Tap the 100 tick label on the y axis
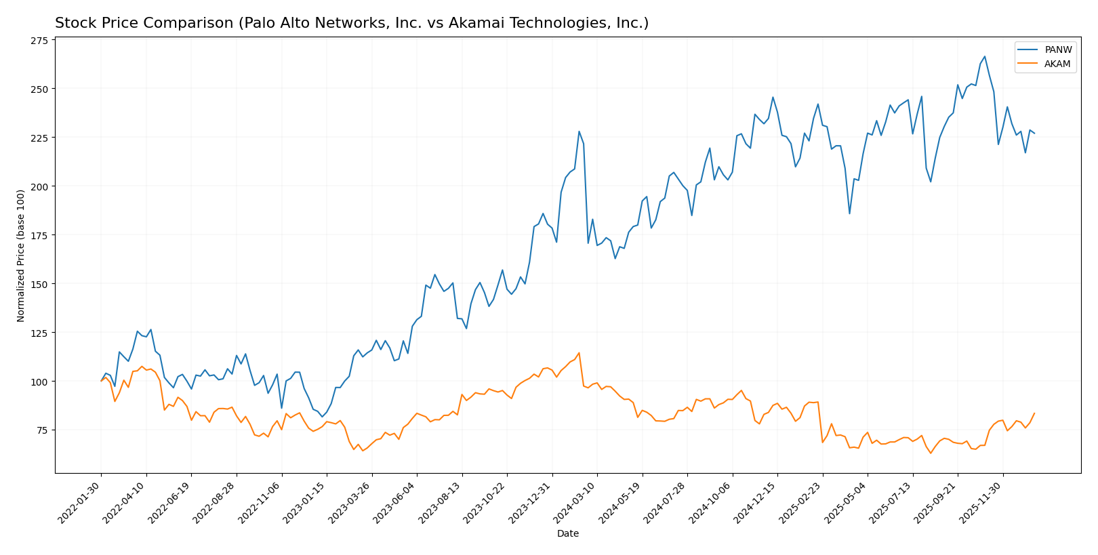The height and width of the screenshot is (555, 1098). coord(39,382)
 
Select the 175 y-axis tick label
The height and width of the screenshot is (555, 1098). coord(39,235)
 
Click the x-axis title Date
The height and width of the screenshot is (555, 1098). coord(568,534)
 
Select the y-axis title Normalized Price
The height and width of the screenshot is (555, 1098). coord(21,255)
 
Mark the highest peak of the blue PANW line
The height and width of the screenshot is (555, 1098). coord(985,57)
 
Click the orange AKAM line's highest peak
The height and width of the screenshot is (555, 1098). coord(579,353)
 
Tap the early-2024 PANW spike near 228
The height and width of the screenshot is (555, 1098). coord(579,131)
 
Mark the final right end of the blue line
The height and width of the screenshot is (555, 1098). coord(1034,133)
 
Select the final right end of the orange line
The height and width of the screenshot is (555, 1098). coord(1034,413)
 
